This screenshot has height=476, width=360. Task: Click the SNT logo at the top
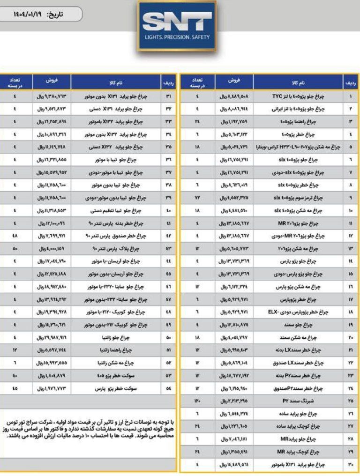(x=177, y=23)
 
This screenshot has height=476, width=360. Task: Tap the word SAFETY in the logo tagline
(x=201, y=37)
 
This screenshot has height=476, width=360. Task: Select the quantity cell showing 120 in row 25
(x=197, y=401)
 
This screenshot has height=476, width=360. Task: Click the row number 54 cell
(x=168, y=388)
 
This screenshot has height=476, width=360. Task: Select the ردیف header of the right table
(x=351, y=82)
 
